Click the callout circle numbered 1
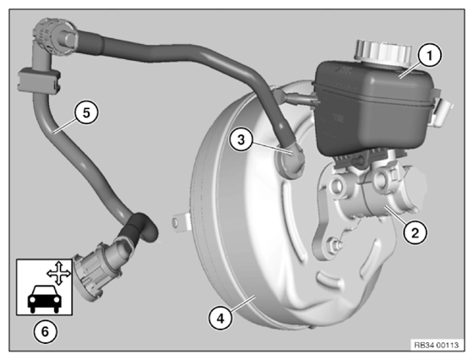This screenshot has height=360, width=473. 430,56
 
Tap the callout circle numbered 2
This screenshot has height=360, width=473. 416,232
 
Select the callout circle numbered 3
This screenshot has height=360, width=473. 241,139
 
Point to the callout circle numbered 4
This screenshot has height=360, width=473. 220,318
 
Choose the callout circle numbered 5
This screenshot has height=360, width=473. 86,113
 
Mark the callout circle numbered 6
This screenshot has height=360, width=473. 45,332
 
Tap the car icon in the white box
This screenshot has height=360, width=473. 45,298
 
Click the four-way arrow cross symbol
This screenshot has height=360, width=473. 59,274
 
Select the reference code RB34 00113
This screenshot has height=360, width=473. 436,345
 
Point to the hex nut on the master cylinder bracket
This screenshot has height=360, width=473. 335,244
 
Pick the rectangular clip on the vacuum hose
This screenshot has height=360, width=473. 38,80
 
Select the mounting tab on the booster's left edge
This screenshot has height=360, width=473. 180,222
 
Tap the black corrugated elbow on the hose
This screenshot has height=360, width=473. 139,228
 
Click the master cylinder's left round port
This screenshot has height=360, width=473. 337,187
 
